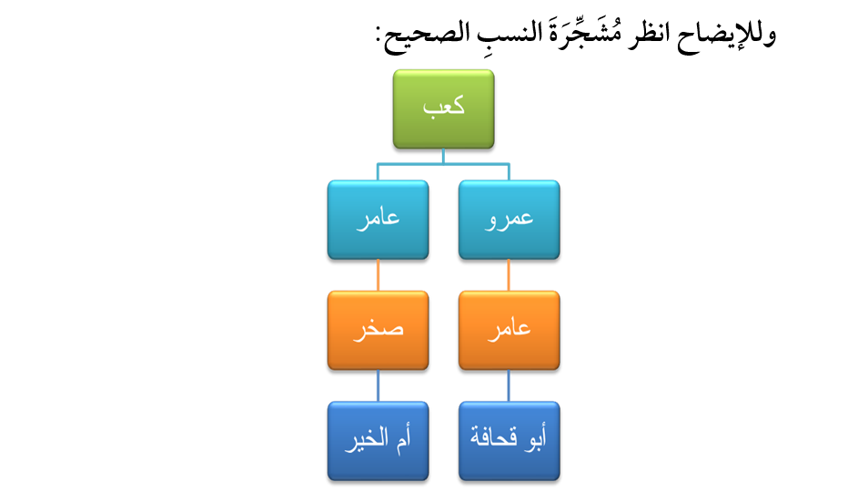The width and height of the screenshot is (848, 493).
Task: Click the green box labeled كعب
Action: [x=443, y=108]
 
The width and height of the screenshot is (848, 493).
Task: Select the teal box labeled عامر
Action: [x=378, y=220]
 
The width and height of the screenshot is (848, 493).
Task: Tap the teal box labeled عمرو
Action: [x=509, y=220]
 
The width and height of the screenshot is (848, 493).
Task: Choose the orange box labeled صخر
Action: [x=378, y=331]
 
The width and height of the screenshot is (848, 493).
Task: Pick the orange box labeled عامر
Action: [x=509, y=331]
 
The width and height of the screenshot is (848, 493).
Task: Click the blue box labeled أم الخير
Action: [x=378, y=441]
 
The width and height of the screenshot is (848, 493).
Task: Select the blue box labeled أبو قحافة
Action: [x=509, y=441]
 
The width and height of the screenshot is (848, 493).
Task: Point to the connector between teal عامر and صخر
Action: [x=378, y=275]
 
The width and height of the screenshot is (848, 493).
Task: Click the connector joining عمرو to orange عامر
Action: [x=509, y=275]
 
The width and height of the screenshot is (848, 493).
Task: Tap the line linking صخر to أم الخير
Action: [x=378, y=385]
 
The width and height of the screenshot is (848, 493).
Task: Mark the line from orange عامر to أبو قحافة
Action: [x=509, y=385]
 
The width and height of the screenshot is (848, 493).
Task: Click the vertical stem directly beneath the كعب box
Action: [x=443, y=156]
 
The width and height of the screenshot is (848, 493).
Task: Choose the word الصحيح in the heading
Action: [x=428, y=36]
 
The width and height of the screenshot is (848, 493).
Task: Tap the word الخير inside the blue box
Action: [x=368, y=439]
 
